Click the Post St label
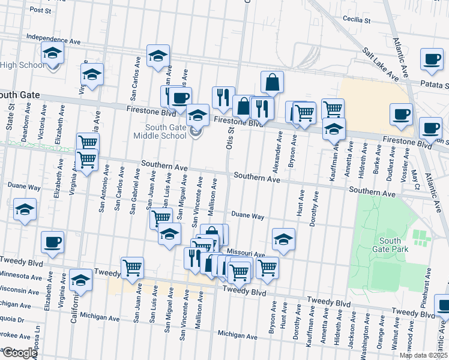(41, 10)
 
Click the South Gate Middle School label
(166, 131)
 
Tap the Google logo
(19, 353)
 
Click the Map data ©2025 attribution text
(423, 355)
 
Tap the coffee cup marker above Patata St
(432, 59)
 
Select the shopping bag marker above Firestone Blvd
(272, 82)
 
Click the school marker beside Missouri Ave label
(283, 239)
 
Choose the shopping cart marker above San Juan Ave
(132, 268)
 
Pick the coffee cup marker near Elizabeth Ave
(53, 241)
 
